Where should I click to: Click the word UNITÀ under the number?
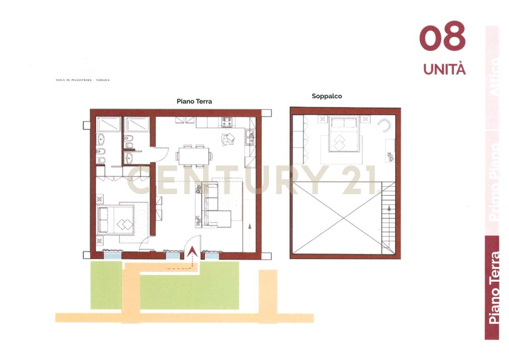click(444, 69)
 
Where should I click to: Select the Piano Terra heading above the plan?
click(194, 101)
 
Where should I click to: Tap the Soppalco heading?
click(327, 96)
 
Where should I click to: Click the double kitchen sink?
click(250, 138)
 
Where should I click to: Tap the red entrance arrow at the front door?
click(192, 252)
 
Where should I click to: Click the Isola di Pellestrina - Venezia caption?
click(83, 80)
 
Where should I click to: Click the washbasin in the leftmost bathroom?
click(101, 140)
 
